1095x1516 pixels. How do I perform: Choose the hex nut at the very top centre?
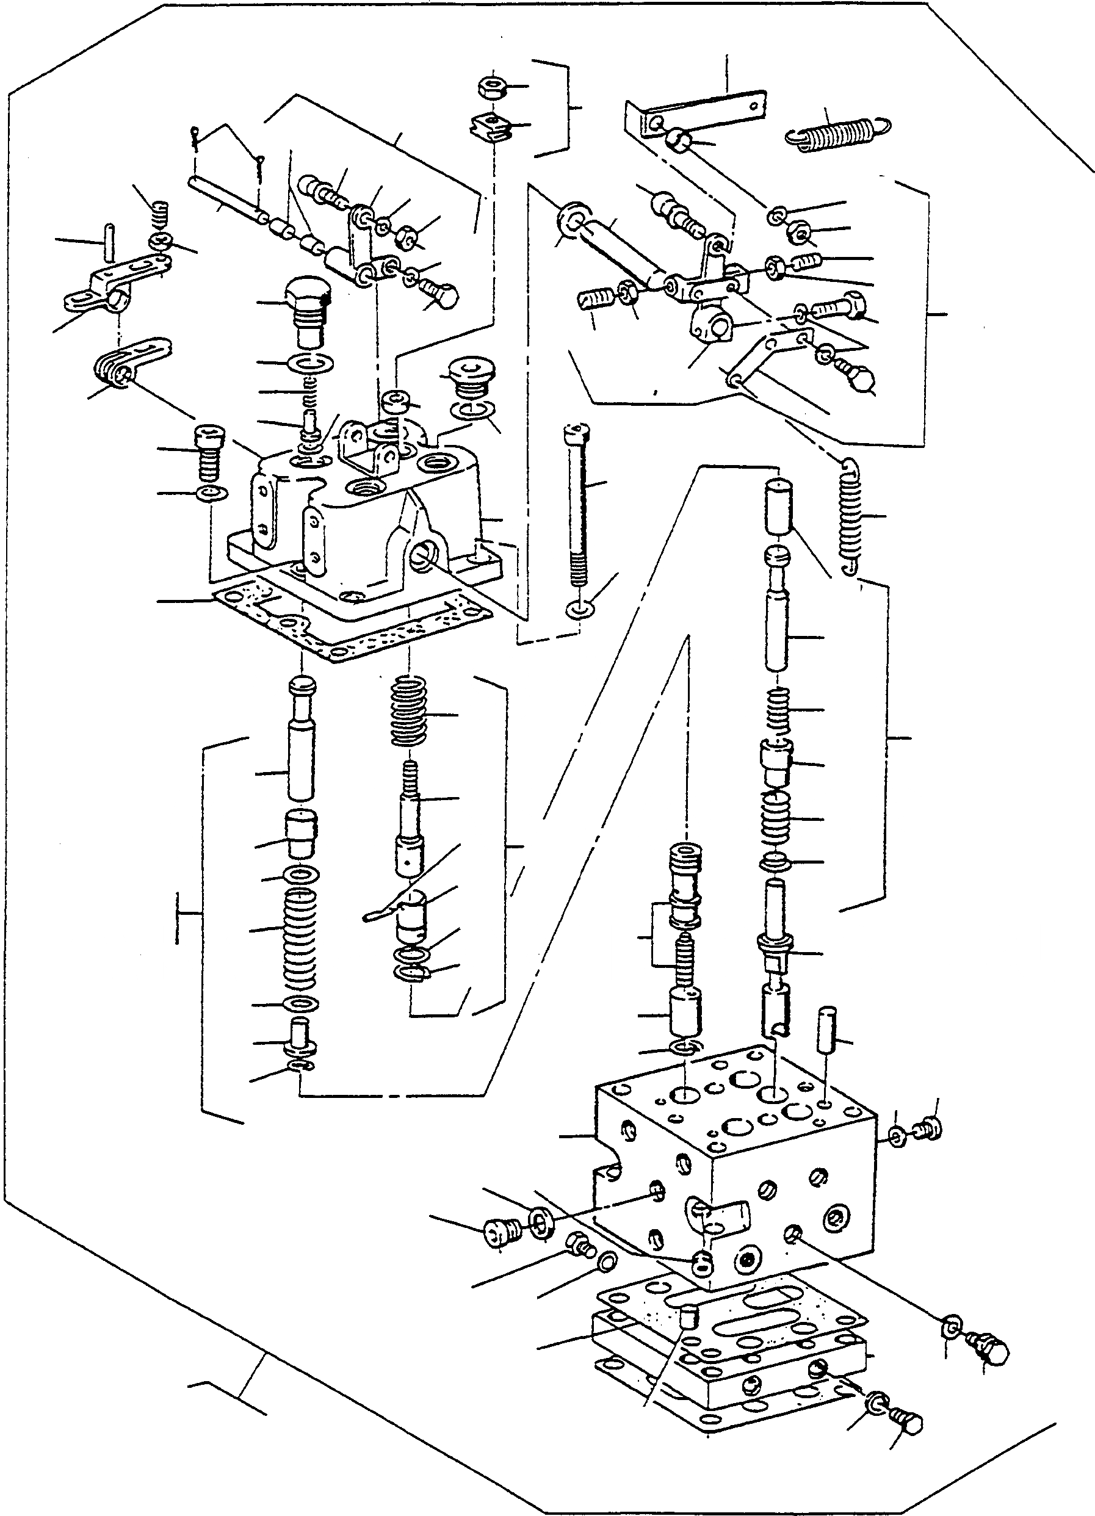coord(493,87)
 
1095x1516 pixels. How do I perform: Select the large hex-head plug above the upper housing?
coord(308,311)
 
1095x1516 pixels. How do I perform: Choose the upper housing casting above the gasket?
coord(361,521)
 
